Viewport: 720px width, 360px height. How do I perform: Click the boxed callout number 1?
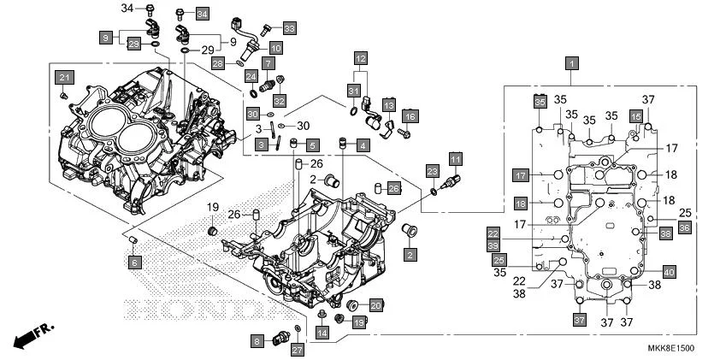click(571, 62)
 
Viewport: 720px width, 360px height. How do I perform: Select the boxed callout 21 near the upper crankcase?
click(63, 78)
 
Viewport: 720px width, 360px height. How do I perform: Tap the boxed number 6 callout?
click(135, 263)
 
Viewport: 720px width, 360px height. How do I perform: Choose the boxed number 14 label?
click(321, 332)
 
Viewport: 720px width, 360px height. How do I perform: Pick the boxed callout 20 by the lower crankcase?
click(376, 305)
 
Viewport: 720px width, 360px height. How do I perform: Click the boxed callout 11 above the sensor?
click(456, 159)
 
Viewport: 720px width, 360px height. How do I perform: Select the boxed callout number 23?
click(433, 172)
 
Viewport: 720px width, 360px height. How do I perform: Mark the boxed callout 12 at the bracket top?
click(361, 58)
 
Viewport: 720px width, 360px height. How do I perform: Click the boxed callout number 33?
click(289, 28)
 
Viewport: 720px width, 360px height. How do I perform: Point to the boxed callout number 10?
click(276, 48)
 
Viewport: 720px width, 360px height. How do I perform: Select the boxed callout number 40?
click(669, 272)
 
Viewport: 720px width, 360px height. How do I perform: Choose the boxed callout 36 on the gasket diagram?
click(660, 227)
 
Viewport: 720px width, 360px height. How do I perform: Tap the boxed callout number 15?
click(635, 115)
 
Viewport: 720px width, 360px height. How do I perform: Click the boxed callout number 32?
click(279, 102)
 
